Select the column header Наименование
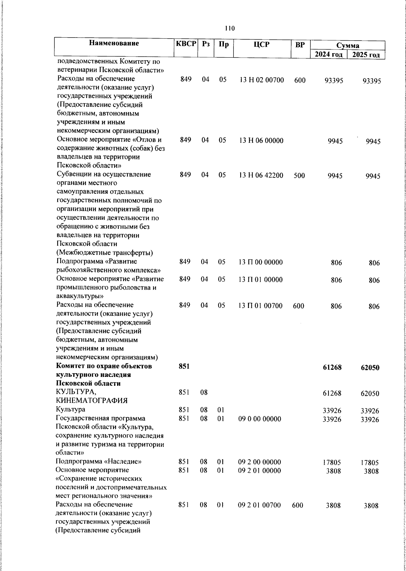point(114,43)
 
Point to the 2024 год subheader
point(329,55)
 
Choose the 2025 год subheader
point(366,55)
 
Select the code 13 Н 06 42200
point(261,175)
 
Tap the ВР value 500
point(299,175)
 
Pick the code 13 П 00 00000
point(261,262)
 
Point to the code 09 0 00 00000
point(260,419)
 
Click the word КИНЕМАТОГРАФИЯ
point(92,401)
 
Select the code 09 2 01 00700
point(259,505)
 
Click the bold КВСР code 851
point(184,366)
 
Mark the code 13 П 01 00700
point(261,306)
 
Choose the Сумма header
point(347,45)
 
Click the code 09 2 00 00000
point(259,462)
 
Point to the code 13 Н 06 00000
point(261,141)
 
